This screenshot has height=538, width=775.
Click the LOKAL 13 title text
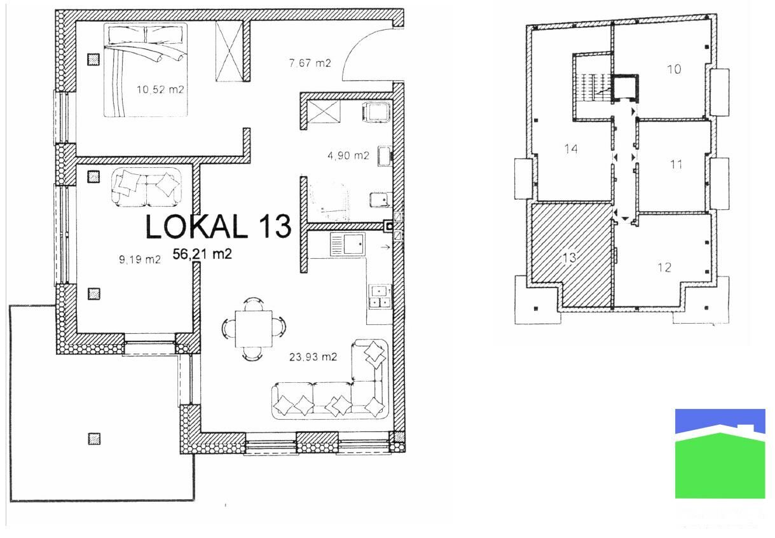(x=218, y=226)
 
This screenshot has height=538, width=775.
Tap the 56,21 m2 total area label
(x=202, y=254)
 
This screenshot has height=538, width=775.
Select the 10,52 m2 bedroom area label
(x=160, y=90)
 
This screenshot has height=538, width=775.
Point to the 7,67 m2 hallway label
(x=310, y=63)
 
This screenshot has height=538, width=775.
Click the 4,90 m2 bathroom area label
(x=348, y=155)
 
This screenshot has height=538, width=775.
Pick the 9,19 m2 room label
(x=140, y=259)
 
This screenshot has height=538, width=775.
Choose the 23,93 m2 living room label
(x=313, y=357)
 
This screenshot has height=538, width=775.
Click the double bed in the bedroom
(x=146, y=69)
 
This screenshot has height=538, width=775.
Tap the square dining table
(x=254, y=329)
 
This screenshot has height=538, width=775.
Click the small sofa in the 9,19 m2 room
(x=146, y=187)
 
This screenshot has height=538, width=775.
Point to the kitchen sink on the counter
(x=347, y=244)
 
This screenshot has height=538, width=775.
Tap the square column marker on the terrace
(x=94, y=439)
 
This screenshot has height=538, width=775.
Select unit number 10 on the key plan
(x=674, y=69)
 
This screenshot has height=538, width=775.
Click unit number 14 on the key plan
(x=571, y=149)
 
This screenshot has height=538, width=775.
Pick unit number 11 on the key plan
(x=676, y=164)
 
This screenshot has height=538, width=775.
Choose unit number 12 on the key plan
(x=664, y=267)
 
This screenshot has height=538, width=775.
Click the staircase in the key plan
(x=593, y=88)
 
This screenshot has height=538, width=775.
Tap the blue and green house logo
(x=720, y=453)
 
